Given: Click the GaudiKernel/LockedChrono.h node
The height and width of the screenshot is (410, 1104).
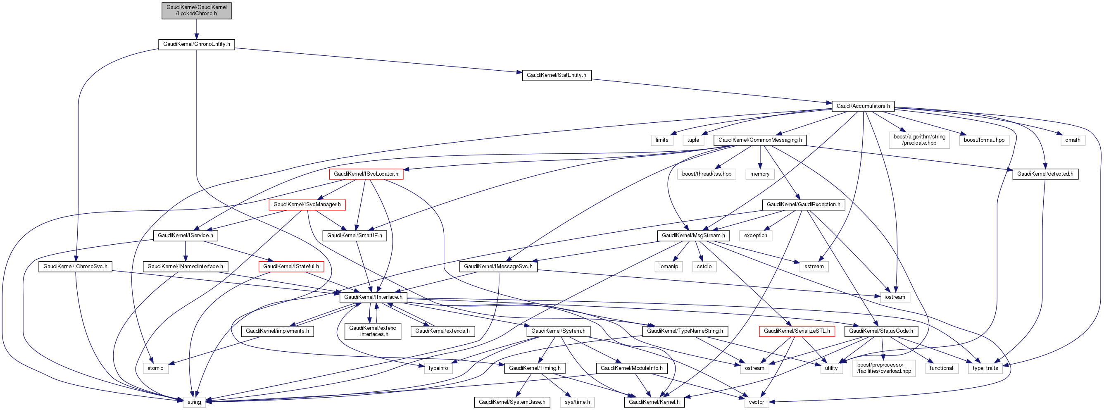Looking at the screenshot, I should (x=196, y=10).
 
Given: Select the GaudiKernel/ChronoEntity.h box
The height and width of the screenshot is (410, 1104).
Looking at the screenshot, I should (x=196, y=44).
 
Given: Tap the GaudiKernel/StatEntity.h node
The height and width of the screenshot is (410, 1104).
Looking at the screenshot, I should (x=556, y=75).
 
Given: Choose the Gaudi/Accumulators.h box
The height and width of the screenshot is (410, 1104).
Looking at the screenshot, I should (x=863, y=106).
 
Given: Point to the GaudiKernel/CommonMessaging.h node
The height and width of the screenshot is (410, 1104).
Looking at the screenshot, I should (x=760, y=140).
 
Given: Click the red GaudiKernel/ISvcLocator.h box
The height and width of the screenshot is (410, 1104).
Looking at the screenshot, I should (x=366, y=174).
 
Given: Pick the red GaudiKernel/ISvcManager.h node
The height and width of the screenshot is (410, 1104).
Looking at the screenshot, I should (x=307, y=205).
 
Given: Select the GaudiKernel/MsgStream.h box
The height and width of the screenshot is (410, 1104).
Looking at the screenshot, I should (x=693, y=236).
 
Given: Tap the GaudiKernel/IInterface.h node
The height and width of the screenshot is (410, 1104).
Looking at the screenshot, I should (x=373, y=297).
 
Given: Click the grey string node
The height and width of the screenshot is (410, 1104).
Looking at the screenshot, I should (x=194, y=402).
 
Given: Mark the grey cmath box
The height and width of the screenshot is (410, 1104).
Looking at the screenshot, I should (x=1072, y=140).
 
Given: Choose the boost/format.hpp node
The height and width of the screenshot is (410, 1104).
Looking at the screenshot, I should (x=984, y=140).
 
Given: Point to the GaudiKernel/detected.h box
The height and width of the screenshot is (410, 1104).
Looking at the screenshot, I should (x=1045, y=174).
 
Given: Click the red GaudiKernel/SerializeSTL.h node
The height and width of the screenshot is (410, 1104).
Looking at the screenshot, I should (x=796, y=331).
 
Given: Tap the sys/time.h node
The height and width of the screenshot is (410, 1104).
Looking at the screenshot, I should (x=577, y=402).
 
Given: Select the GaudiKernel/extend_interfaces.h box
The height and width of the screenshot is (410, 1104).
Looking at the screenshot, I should (x=372, y=331).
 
